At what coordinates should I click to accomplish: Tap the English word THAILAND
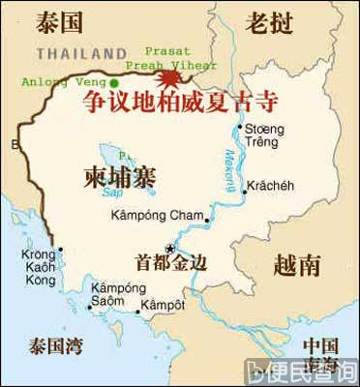[x=82, y=52]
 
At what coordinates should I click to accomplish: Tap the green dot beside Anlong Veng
[x=114, y=83]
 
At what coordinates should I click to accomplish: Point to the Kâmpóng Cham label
[x=158, y=216]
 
